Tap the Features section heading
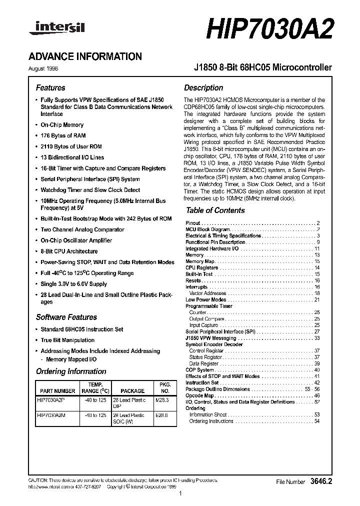pyautogui.click(x=50, y=87)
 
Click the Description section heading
pyautogui.click(x=203, y=87)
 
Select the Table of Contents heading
pyautogui.click(x=215, y=210)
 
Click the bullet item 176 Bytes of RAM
pyautogui.click(x=63, y=135)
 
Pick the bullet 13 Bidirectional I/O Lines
pyautogui.click(x=72, y=157)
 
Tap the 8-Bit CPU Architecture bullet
pyautogui.click(x=69, y=251)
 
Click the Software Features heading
pyautogui.click(x=66, y=317)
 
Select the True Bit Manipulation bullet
pyautogui.click(x=67, y=340)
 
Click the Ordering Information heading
pyautogui.click(x=71, y=371)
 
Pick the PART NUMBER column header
pyautogui.click(x=56, y=391)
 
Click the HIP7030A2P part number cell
pyautogui.click(x=51, y=400)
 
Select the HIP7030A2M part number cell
pyautogui.click(x=51, y=415)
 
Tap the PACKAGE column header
pyautogui.click(x=132, y=391)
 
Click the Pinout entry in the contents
pyautogui.click(x=193, y=223)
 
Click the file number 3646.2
pyautogui.click(x=321, y=481)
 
